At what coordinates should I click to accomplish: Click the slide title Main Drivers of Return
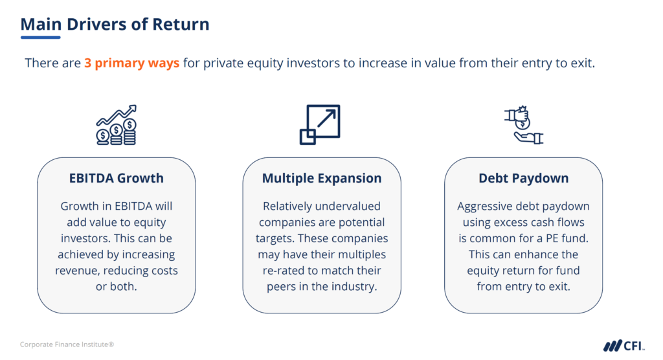(115, 25)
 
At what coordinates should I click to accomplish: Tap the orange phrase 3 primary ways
(131, 63)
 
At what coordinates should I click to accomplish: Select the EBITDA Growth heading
(117, 177)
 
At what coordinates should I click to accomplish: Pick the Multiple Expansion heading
(322, 177)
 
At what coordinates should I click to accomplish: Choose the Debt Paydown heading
(523, 177)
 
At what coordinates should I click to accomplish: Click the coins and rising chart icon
(117, 125)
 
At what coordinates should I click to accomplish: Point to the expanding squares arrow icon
(319, 125)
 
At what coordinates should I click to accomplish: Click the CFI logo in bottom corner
(623, 344)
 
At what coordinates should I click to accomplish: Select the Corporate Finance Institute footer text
(67, 344)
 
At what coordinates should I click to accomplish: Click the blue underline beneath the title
(40, 38)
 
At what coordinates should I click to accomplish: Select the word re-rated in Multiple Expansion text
(287, 270)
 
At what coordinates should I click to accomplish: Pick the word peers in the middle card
(282, 286)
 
